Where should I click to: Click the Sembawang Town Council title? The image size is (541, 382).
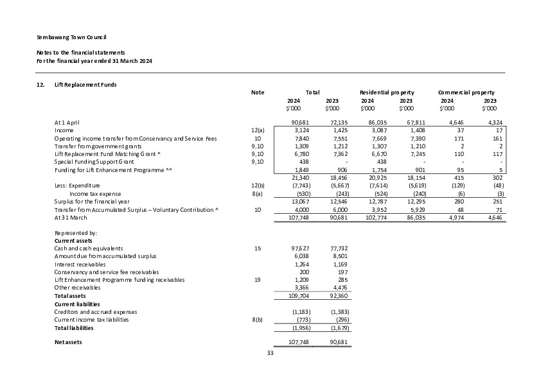pyautogui.click(x=71, y=38)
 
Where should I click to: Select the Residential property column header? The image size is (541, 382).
pyautogui.click(x=387, y=92)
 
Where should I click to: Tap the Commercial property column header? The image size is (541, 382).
pyautogui.click(x=466, y=92)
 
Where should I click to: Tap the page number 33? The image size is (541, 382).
pyautogui.click(x=270, y=352)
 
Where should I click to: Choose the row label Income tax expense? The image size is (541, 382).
pyautogui.click(x=95, y=193)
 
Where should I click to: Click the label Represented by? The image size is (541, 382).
pyautogui.click(x=76, y=232)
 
